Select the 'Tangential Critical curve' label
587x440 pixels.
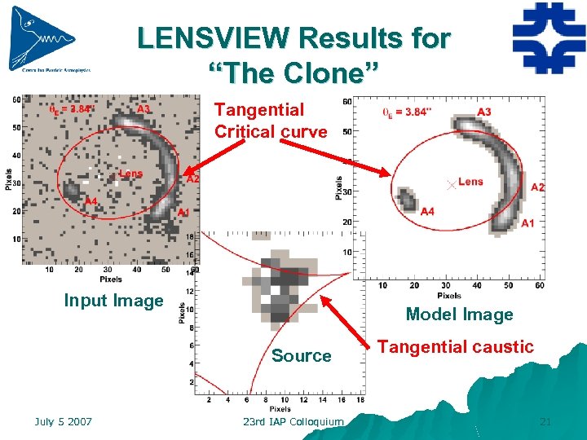click(270, 121)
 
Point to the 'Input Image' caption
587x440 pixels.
click(113, 301)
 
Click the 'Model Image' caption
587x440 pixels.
click(459, 315)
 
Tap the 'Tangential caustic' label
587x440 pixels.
click(456, 347)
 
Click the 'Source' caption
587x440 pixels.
click(301, 356)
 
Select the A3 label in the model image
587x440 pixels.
click(484, 112)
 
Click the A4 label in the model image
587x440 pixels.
click(428, 212)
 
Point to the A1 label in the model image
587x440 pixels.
click(527, 223)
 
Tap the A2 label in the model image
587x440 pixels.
click(537, 187)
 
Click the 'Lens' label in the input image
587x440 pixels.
click(130, 173)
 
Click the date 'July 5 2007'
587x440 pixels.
click(63, 421)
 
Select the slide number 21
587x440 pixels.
click(545, 421)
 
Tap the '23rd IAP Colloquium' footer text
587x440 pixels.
click(293, 421)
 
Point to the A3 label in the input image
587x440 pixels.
click(143, 109)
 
